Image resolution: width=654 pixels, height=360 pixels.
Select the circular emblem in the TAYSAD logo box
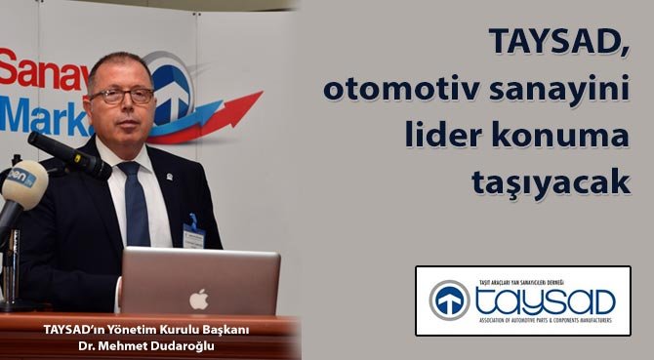pos(450,300)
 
